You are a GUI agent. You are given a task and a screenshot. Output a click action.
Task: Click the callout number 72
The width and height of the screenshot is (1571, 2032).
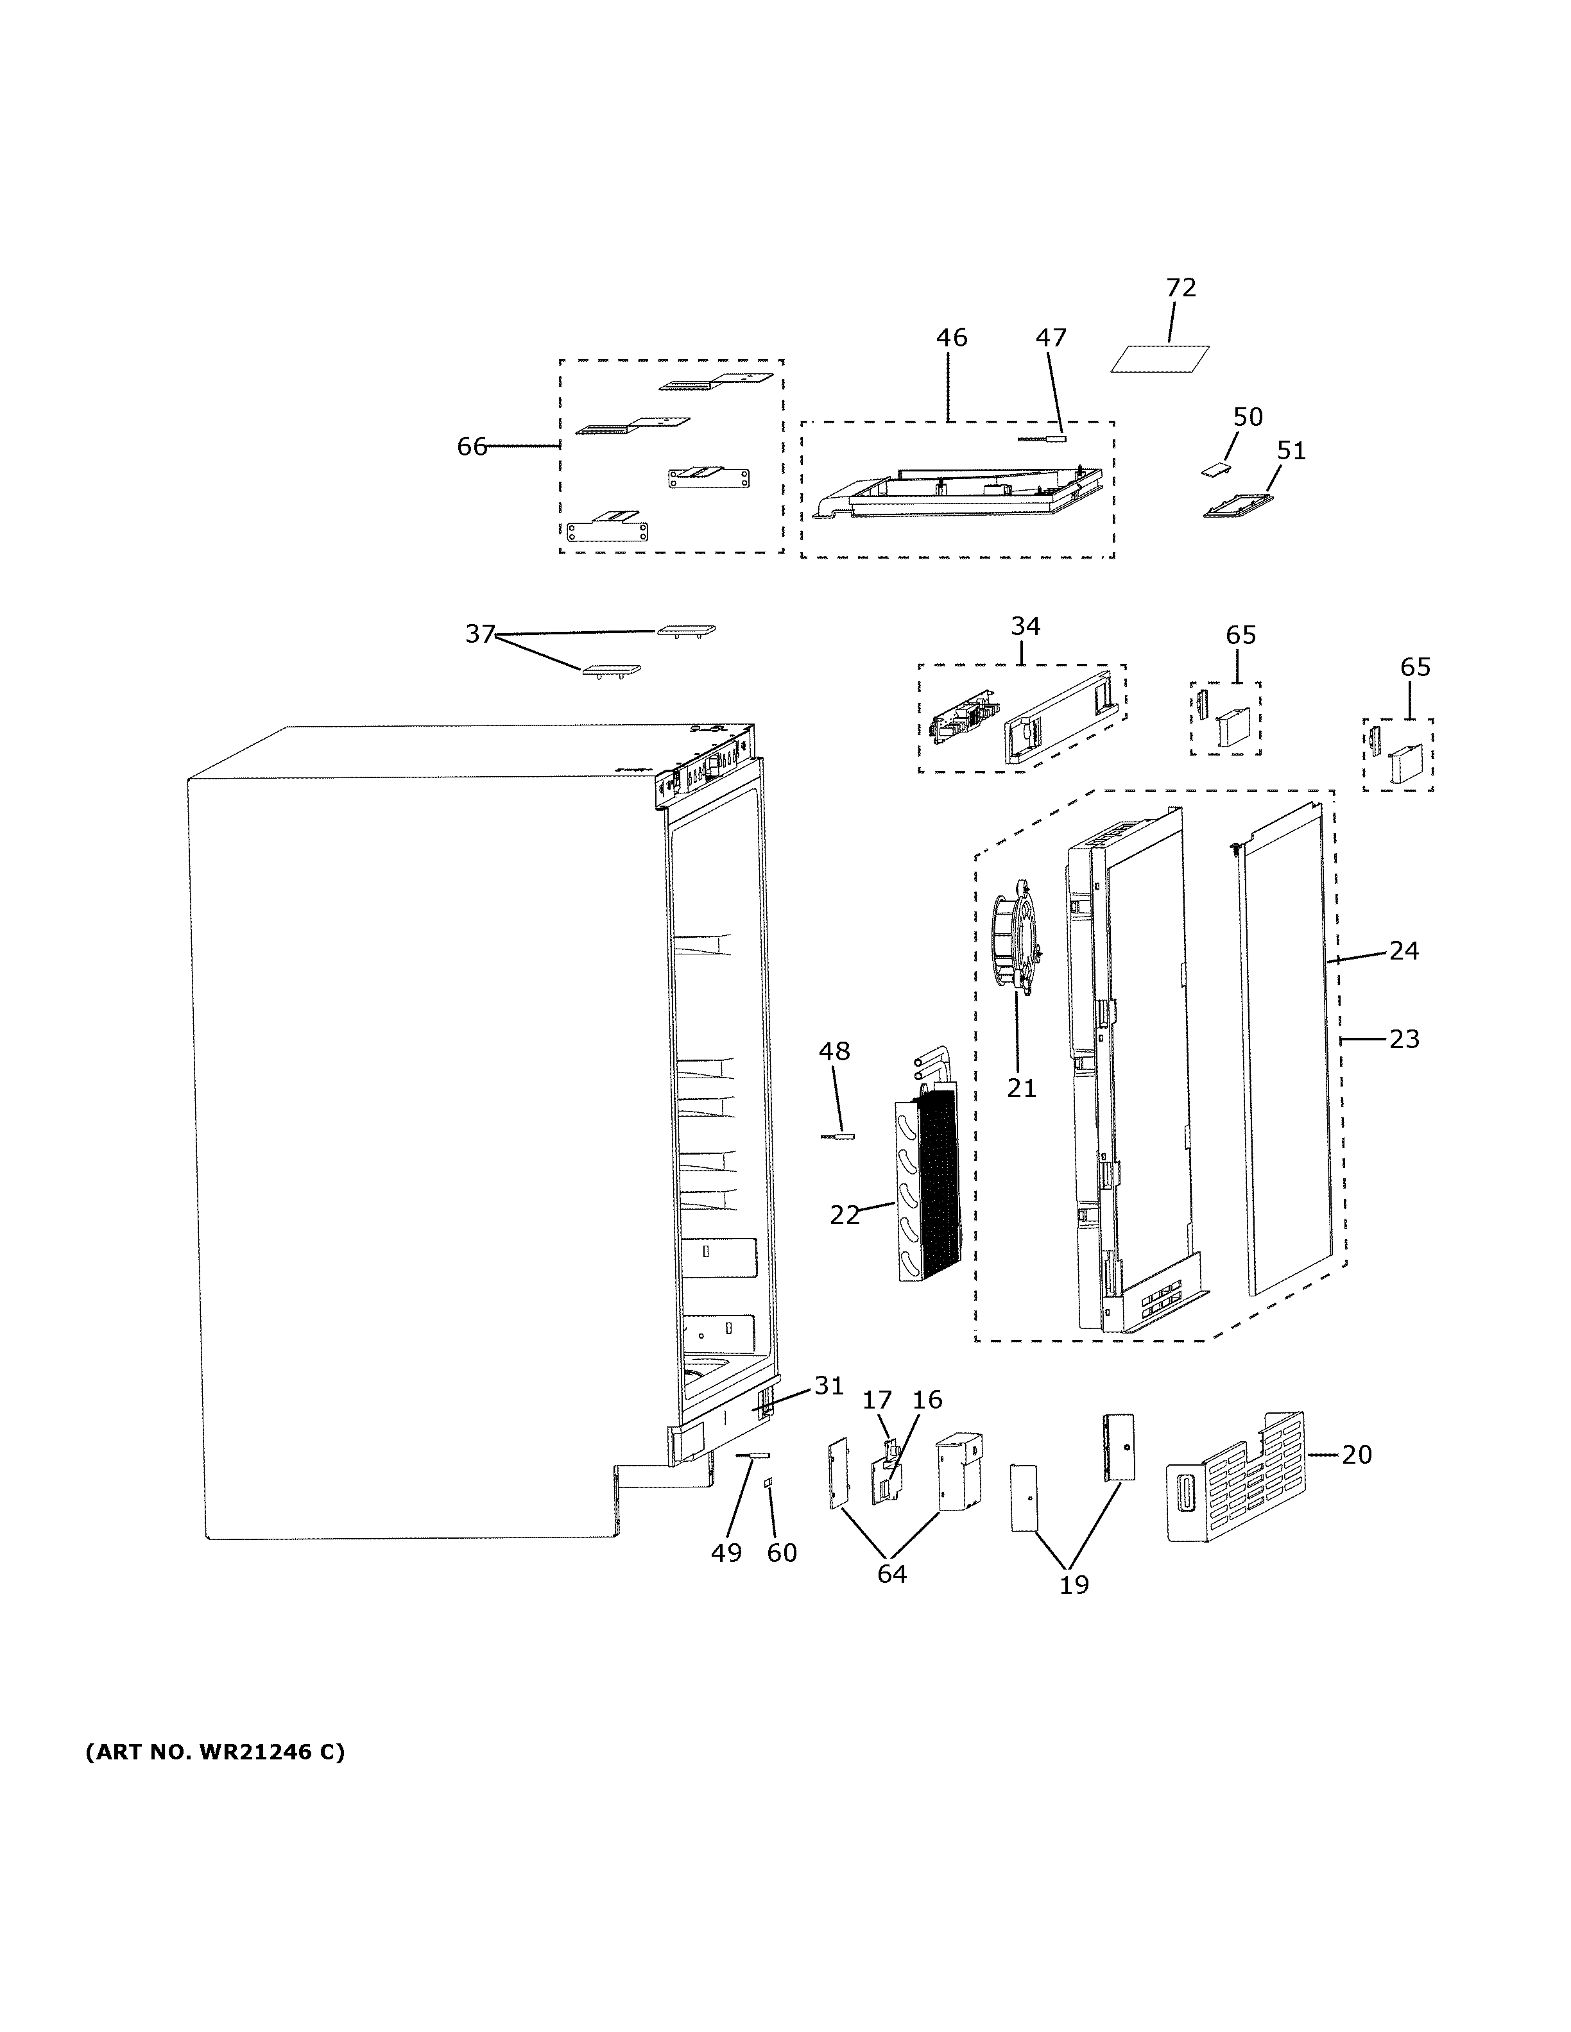1180,287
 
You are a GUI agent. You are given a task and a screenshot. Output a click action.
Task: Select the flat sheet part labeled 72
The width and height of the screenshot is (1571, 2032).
1160,359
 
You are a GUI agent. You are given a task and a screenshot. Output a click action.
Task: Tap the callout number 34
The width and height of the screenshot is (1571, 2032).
1025,626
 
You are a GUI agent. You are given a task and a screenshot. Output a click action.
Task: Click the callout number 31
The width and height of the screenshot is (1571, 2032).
828,1411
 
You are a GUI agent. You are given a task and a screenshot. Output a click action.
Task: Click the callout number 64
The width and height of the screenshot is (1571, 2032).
891,1573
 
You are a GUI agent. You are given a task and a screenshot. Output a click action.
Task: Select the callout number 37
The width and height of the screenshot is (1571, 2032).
479,634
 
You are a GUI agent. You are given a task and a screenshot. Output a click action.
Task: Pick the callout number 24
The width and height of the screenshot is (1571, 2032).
1404,950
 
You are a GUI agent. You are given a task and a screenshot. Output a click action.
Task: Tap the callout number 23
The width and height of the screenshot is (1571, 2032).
1404,1038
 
